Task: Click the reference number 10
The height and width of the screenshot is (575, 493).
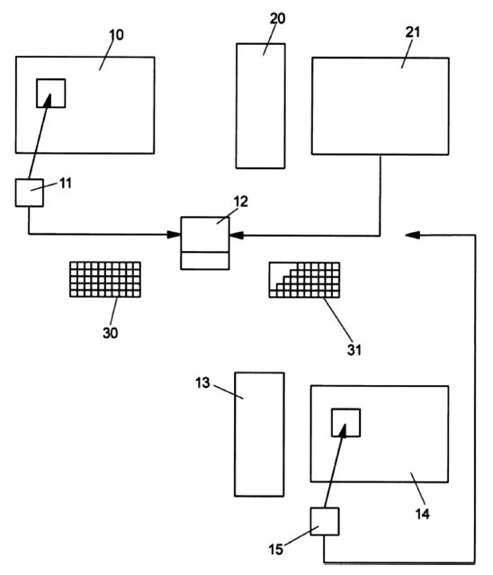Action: coord(116,35)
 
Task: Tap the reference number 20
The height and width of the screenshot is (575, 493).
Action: coord(277,18)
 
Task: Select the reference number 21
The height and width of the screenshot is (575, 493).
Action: coord(412,32)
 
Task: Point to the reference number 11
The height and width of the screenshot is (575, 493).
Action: coord(66,184)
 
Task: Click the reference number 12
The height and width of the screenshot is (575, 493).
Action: coord(240,202)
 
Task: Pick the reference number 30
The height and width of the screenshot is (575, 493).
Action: coord(110,333)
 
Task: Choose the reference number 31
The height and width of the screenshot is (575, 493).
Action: coord(354,350)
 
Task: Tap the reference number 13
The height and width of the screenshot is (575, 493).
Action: coord(202,382)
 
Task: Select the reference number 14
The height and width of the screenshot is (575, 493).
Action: coord(422,514)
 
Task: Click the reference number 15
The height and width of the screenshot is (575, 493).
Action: coord(275,549)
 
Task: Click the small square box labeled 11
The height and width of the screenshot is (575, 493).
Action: coord(30,193)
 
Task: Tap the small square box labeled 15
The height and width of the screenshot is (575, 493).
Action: coord(325,522)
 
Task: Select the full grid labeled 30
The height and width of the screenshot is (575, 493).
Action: coord(105,280)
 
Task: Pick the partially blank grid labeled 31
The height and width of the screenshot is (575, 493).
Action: coord(304,280)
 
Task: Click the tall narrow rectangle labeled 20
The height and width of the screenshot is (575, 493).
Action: coord(261,106)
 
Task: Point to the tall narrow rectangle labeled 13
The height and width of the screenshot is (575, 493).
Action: coord(259,435)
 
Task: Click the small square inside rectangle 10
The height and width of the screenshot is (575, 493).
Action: coord(51,94)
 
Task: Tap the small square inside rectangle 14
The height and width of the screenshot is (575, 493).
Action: coord(346,423)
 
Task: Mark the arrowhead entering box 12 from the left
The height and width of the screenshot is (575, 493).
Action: coord(174,234)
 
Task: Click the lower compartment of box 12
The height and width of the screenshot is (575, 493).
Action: coord(205,261)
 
